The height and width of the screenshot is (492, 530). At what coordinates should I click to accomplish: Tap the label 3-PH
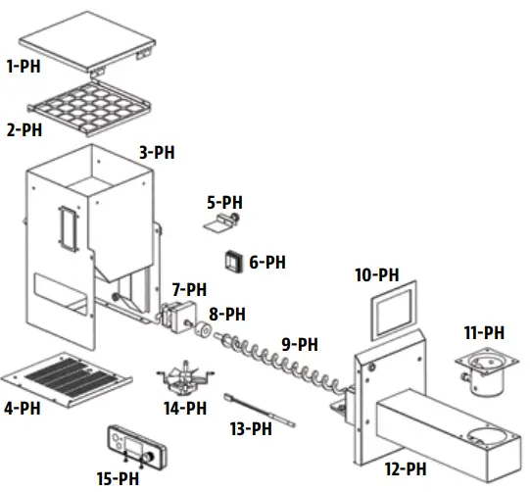[158, 153]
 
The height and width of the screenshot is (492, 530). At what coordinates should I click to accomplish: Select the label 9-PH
[300, 344]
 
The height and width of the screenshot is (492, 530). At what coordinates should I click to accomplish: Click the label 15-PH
[119, 477]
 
